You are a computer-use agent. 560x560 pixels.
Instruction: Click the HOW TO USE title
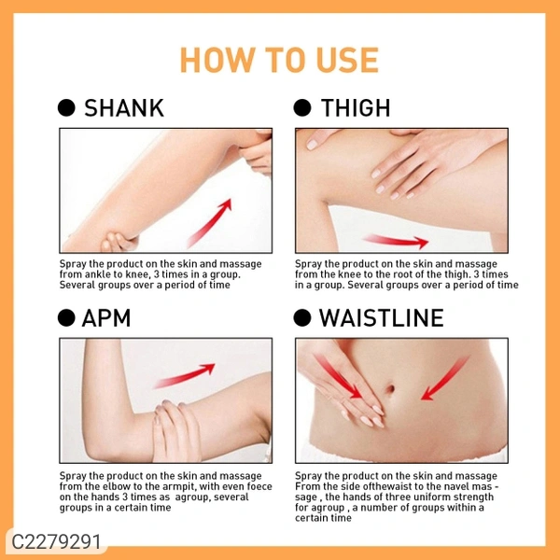tap(279, 60)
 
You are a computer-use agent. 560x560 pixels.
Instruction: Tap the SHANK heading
tap(124, 108)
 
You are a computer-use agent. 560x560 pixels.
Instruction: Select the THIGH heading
tap(356, 108)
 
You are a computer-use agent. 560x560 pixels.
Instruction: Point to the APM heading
tap(106, 318)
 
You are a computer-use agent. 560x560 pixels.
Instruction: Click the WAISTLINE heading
tap(382, 318)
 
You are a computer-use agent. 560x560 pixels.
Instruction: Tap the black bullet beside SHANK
tap(66, 108)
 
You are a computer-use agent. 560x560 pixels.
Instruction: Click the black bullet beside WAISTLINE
tap(302, 318)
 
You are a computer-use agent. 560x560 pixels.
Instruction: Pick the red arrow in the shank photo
tap(210, 223)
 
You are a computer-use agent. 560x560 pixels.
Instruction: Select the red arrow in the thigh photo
tap(396, 241)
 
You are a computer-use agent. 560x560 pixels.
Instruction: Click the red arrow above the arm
tap(185, 375)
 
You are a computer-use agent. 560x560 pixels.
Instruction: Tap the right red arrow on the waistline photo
tap(445, 377)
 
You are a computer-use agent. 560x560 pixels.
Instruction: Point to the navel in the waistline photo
tap(390, 389)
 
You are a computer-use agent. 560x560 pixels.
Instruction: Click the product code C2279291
tap(56, 541)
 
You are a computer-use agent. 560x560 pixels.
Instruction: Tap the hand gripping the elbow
tap(176, 430)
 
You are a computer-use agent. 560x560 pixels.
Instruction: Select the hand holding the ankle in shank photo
tap(119, 242)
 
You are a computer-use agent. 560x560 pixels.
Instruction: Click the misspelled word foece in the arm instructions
tap(259, 486)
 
